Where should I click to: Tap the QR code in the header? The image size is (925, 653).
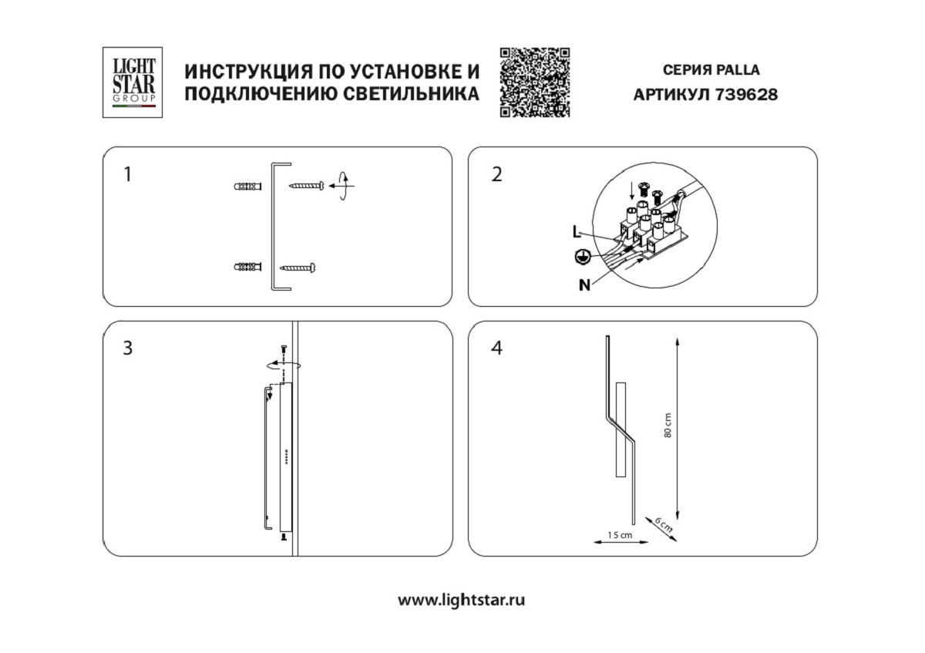click(x=535, y=82)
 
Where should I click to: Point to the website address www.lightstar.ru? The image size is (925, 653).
click(x=461, y=600)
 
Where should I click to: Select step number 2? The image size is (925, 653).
click(x=496, y=174)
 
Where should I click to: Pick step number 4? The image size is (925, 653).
click(x=496, y=348)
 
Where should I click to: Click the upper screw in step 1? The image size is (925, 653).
click(x=305, y=186)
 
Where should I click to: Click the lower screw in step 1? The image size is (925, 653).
click(x=299, y=268)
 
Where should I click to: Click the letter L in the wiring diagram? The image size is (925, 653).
click(x=577, y=231)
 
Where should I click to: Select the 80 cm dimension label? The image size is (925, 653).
click(x=668, y=426)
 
